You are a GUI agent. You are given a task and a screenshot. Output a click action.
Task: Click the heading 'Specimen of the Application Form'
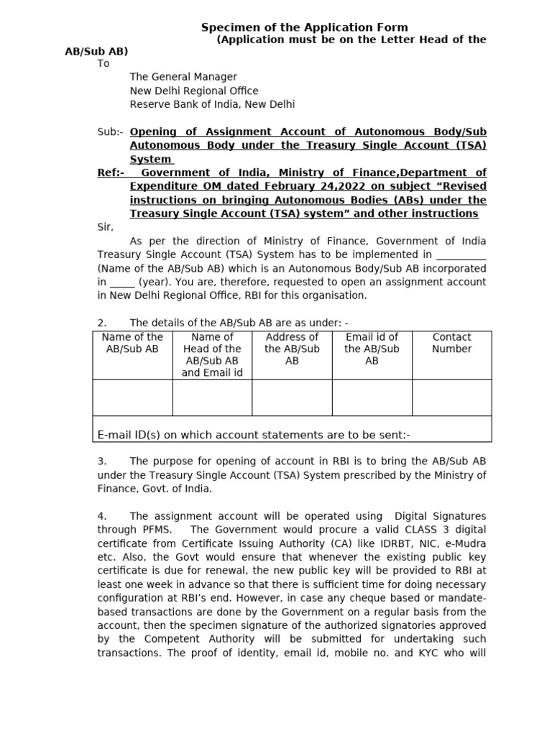(304, 27)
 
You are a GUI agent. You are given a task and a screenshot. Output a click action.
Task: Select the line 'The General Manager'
(183, 77)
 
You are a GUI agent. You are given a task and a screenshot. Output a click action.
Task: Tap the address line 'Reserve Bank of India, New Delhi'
(212, 104)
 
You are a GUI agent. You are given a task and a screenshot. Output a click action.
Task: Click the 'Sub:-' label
(110, 132)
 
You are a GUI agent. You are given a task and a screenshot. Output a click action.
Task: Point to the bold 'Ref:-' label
(111, 172)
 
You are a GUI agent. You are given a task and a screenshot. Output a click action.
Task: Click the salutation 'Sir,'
(105, 227)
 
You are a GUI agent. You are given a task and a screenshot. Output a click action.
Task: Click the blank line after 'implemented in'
(461, 254)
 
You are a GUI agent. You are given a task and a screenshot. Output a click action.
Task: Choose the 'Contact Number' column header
(451, 343)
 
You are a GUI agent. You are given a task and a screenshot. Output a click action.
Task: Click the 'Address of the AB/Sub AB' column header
(292, 349)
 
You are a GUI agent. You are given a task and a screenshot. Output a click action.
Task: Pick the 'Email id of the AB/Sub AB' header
(372, 349)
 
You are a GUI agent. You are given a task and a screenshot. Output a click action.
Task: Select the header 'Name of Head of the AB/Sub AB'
(212, 354)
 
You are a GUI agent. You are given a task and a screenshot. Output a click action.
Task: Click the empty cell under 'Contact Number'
(451, 397)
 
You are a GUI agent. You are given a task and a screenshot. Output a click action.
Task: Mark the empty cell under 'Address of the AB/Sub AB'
(292, 397)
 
